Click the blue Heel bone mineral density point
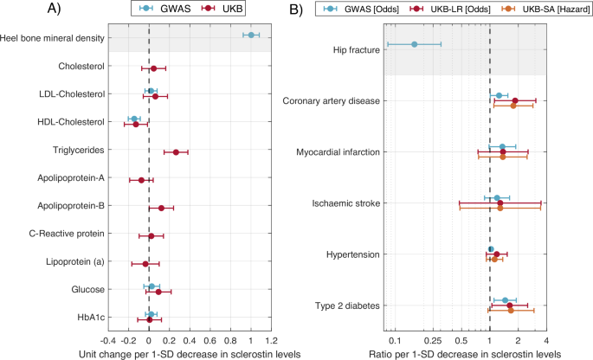click(251, 35)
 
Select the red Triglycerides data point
click(176, 152)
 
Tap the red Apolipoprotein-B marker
click(161, 208)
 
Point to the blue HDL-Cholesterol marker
click(133, 119)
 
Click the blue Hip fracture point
click(414, 44)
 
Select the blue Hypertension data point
click(491, 249)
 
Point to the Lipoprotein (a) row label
click(72, 261)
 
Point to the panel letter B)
click(296, 10)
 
